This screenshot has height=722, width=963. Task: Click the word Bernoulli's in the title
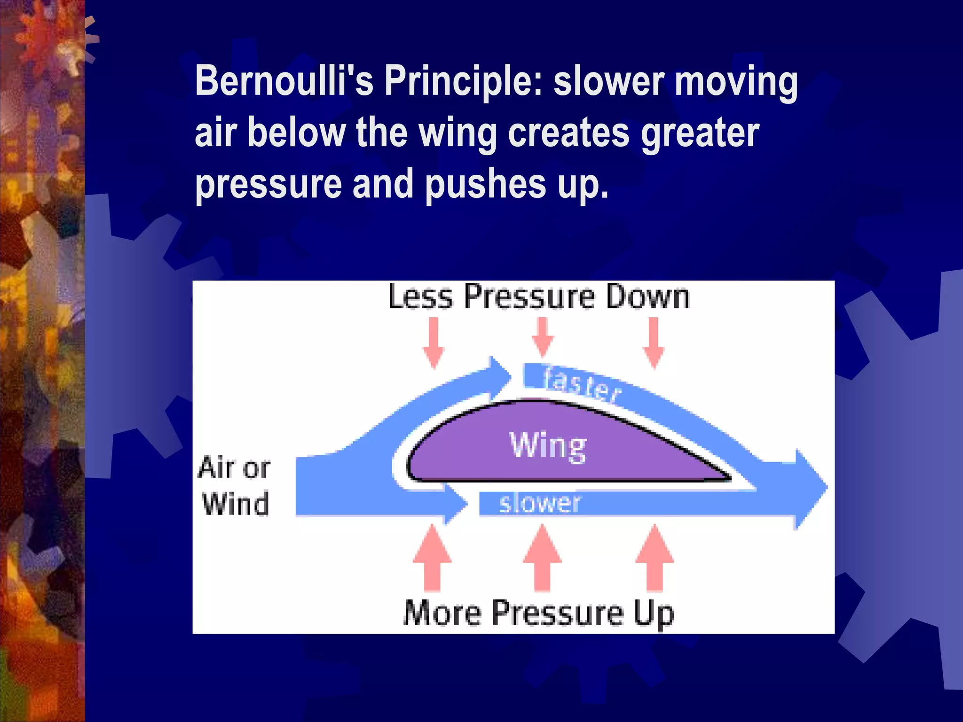pos(284,81)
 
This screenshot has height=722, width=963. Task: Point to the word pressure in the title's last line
pos(268,184)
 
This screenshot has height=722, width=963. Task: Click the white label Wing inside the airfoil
pos(548,445)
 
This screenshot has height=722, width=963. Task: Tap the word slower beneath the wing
pos(539,503)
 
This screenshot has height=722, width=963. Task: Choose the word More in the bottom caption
pos(442,613)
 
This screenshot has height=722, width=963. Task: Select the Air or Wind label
pos(234,486)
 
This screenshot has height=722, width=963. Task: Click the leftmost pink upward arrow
pos(432,558)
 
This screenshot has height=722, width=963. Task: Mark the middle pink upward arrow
pos(542,558)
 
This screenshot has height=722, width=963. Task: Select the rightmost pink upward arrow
pos(654,558)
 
